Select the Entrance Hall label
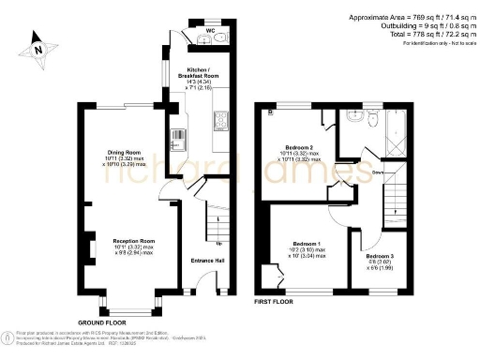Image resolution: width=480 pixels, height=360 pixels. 206,260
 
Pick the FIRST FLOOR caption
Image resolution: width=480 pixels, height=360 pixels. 274,302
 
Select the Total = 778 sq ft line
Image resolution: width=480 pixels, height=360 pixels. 409,34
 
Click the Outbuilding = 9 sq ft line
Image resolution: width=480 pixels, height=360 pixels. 409,25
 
